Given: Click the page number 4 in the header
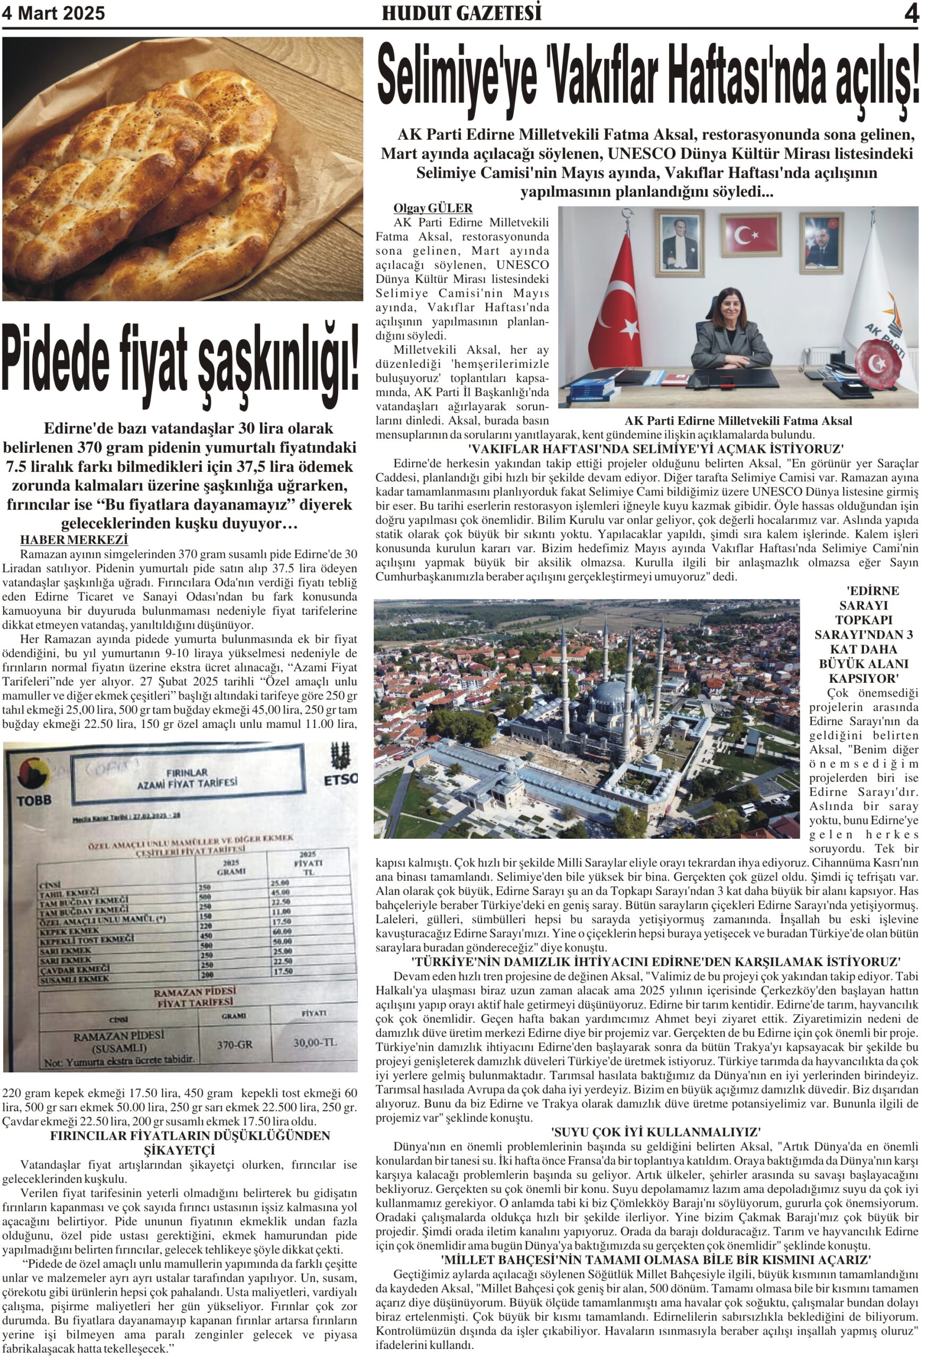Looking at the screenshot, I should pyautogui.click(x=911, y=13).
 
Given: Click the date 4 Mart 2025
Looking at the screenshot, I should pyautogui.click(x=54, y=13).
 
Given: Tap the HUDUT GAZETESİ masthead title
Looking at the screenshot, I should pyautogui.click(x=461, y=13).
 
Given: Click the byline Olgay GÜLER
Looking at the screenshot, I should pyautogui.click(x=433, y=208).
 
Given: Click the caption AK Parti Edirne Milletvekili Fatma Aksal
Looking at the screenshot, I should pyautogui.click(x=738, y=421).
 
